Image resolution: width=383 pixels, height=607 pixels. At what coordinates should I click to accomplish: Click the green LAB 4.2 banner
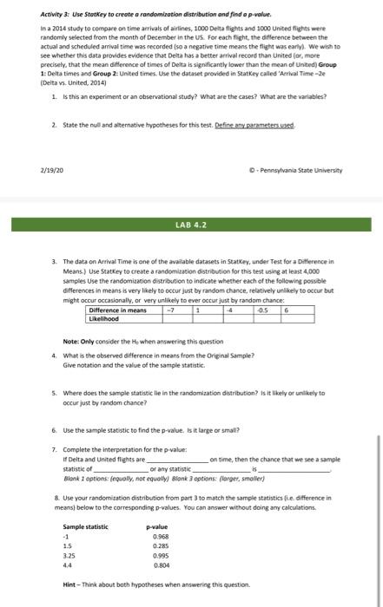tap(190, 225)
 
